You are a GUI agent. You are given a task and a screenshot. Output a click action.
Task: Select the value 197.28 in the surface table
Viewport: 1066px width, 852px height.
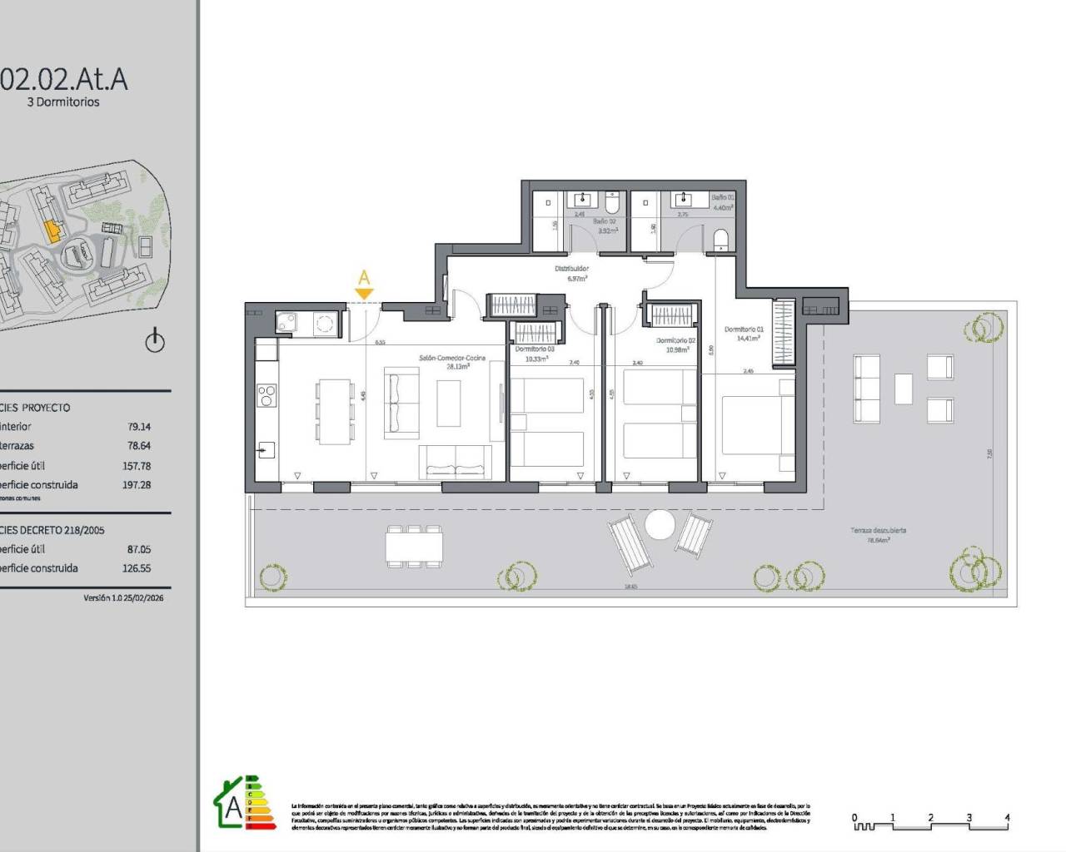pos(137,484)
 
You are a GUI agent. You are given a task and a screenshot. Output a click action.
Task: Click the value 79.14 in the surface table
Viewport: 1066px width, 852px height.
pos(138,427)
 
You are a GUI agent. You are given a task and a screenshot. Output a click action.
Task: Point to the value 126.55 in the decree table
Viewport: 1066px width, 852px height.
pos(137,568)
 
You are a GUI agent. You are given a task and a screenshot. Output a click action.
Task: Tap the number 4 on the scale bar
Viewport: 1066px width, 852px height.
pos(1007,818)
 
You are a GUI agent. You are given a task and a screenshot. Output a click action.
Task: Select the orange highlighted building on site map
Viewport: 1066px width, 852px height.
pos(52,230)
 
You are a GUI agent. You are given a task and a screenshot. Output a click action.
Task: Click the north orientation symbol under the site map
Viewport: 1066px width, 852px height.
pos(155,340)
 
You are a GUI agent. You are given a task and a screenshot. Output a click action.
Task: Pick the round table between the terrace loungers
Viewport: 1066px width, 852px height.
pos(660,524)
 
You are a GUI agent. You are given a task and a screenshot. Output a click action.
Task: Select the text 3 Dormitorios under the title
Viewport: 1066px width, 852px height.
pos(63,102)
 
